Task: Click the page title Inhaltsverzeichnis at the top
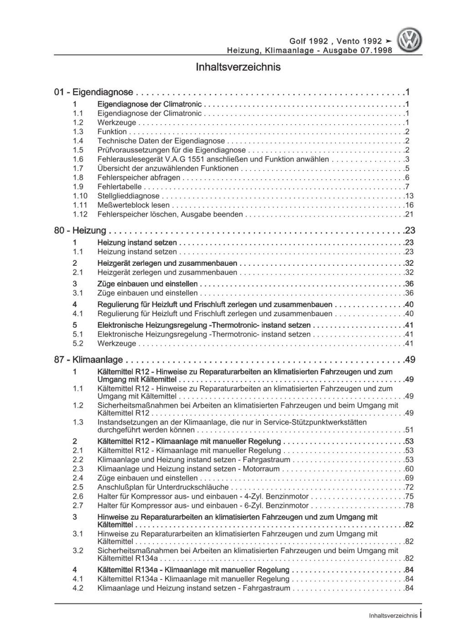(238, 67)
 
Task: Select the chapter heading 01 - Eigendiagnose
(94, 92)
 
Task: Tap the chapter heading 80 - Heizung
(80, 231)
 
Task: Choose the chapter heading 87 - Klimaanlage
(88, 360)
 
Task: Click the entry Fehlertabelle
(120, 187)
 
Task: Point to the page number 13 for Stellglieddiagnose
(409, 196)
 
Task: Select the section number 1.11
(80, 205)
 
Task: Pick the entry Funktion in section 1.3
(112, 132)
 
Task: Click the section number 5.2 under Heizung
(78, 344)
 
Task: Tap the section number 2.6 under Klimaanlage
(78, 497)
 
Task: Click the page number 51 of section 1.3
(409, 430)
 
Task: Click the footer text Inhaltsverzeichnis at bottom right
(393, 615)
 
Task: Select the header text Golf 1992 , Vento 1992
(336, 41)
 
